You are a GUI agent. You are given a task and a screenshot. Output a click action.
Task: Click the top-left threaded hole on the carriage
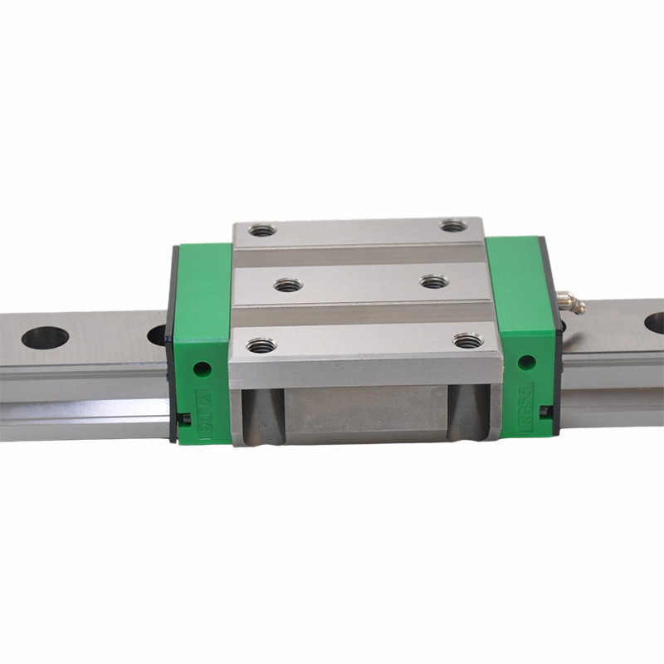[x=263, y=230]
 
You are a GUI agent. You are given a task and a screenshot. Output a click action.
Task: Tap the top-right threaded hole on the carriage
[x=452, y=226]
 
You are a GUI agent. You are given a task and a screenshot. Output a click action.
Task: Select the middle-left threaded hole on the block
[x=289, y=285]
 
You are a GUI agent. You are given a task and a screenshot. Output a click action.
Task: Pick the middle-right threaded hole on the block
[x=434, y=281]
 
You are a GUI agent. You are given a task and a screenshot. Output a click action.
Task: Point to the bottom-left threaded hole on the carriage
[x=261, y=344]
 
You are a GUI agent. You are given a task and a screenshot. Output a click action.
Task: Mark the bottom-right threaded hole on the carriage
[x=467, y=340]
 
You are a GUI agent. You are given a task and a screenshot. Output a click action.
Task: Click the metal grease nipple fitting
[x=572, y=302]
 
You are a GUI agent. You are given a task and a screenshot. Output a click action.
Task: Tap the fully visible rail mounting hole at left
[x=45, y=337]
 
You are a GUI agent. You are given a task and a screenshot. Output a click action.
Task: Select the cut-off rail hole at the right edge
[x=655, y=323]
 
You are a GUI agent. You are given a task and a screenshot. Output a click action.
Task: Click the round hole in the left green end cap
[x=199, y=367]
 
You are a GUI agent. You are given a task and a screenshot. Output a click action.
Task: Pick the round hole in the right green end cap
[x=525, y=362]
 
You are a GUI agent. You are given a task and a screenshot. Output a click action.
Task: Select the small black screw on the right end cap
[x=544, y=412]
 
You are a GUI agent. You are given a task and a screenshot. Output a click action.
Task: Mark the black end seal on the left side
[x=171, y=340]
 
